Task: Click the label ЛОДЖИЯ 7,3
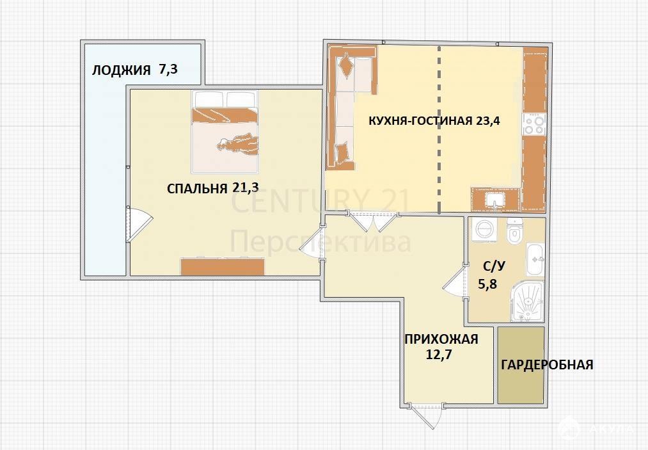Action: [x=134, y=70]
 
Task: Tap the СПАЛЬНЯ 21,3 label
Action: [x=213, y=188]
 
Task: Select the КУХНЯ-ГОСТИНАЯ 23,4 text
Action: [x=434, y=121]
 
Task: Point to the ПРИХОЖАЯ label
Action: [x=441, y=339]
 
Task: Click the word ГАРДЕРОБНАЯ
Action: [x=547, y=365]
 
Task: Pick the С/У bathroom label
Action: [x=494, y=266]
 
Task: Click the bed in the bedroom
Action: [x=225, y=131]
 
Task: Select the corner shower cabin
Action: [x=527, y=301]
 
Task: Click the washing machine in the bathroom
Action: [x=484, y=229]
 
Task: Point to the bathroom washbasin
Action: [x=535, y=259]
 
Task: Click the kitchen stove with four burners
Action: [x=534, y=124]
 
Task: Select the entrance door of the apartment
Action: [x=425, y=415]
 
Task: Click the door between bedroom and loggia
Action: [x=139, y=224]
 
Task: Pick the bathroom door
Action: [x=455, y=282]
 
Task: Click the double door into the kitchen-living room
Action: [x=373, y=221]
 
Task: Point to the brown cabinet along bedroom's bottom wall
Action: [x=223, y=267]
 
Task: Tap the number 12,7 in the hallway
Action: [x=438, y=355]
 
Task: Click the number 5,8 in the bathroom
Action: [x=487, y=285]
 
